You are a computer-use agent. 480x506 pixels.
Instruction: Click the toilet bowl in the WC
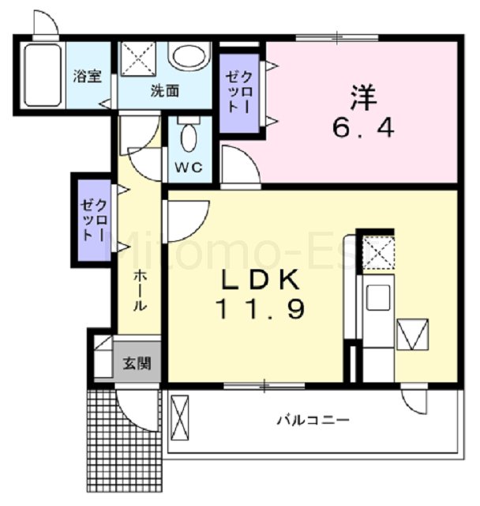click(189, 137)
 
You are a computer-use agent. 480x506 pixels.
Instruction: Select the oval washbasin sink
click(189, 56)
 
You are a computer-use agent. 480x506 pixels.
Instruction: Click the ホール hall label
click(138, 289)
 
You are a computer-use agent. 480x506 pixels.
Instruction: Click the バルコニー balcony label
click(313, 420)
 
